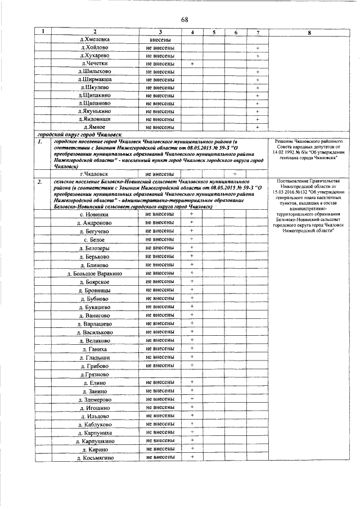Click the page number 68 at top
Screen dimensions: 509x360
coord(184,20)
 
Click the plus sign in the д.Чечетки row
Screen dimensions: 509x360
coord(192,64)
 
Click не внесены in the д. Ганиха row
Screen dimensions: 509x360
coord(160,349)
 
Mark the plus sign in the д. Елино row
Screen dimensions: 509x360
coord(192,382)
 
